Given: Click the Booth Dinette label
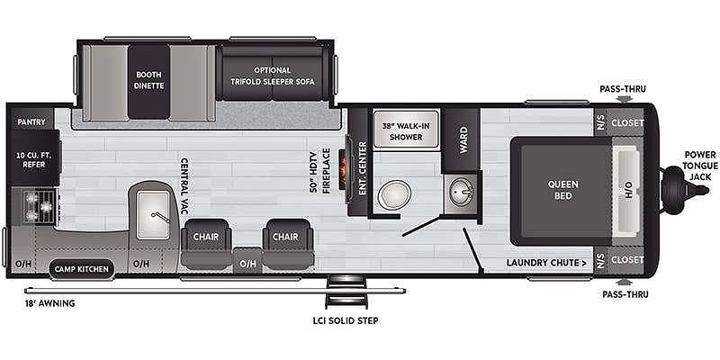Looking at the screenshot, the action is [x=149, y=80].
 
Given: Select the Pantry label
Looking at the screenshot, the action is [x=31, y=122].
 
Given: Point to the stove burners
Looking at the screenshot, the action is [x=40, y=206].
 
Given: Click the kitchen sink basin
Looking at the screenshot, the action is [x=153, y=215].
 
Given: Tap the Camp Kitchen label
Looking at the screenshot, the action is [x=82, y=269].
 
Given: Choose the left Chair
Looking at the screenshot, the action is [x=206, y=244].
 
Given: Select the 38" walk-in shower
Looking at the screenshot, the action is [x=406, y=129].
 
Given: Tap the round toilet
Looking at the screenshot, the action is [x=393, y=193].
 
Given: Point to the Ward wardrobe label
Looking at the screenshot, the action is [x=463, y=140].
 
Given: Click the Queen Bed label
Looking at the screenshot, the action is [x=563, y=190].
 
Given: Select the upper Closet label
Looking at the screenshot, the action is [x=626, y=123].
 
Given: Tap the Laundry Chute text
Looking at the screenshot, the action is [x=546, y=263].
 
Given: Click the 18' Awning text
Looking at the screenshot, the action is [x=49, y=303].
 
